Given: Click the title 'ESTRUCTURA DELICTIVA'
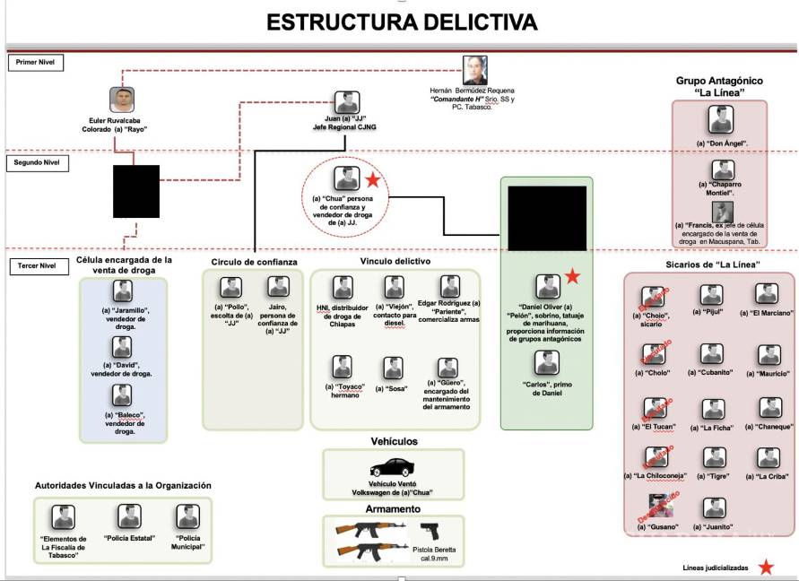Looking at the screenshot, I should (x=402, y=22).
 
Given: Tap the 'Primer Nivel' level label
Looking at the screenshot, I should (x=34, y=63).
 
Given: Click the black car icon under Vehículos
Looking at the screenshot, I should (x=393, y=468).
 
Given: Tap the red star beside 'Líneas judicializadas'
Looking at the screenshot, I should (x=766, y=567).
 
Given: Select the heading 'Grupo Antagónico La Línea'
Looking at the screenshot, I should (x=719, y=87).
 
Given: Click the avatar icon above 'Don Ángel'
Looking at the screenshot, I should (x=720, y=119).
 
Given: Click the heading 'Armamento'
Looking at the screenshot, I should (x=393, y=508).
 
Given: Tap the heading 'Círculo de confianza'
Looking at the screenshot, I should (x=255, y=262).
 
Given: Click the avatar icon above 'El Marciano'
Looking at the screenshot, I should (x=766, y=294).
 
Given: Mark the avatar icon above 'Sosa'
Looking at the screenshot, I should (x=393, y=368).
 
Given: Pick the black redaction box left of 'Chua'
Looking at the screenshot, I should (x=136, y=191).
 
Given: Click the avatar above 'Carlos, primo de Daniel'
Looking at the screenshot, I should (x=547, y=362).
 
